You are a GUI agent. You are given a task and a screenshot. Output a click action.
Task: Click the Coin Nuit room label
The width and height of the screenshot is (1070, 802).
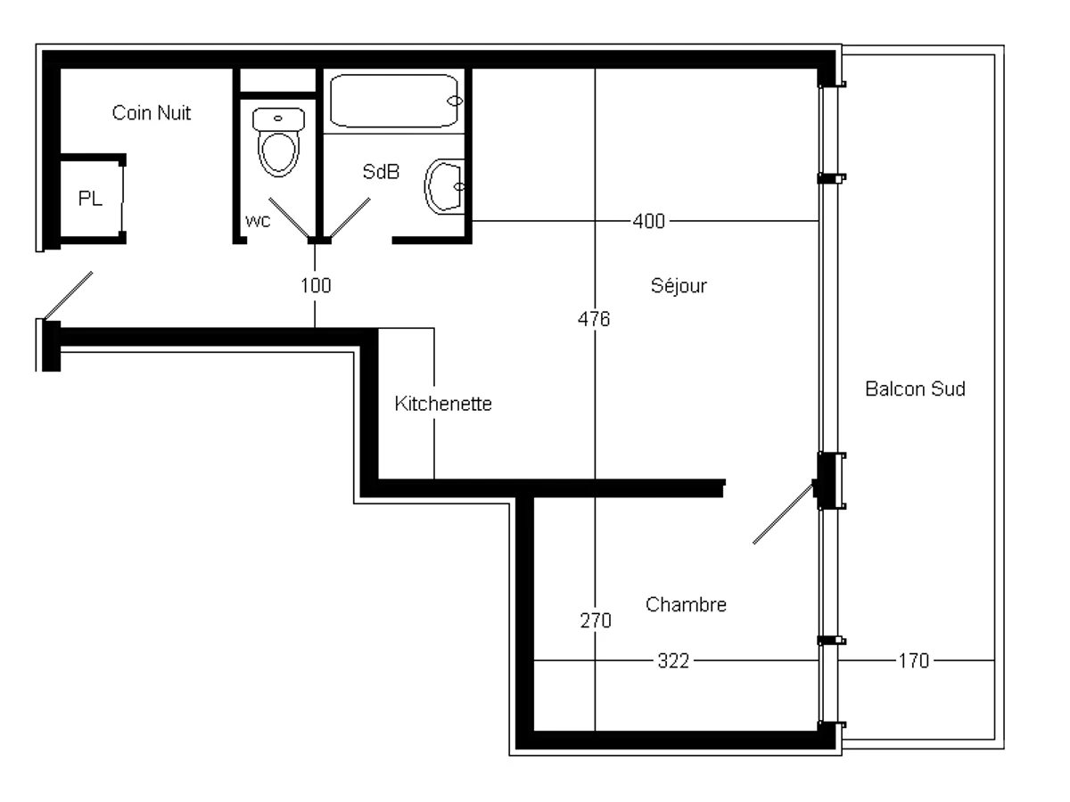pos(152,113)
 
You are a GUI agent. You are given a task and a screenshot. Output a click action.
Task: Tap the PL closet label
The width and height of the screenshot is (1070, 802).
pos(90,199)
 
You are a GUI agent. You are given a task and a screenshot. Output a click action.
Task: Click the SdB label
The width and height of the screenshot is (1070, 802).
pos(381,172)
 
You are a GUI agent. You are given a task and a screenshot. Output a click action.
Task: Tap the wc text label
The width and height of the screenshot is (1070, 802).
pos(258,221)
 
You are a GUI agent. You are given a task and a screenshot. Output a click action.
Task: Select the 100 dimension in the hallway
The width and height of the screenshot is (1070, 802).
pos(315,286)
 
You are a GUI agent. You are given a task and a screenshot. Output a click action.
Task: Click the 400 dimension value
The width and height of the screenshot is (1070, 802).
pos(648,221)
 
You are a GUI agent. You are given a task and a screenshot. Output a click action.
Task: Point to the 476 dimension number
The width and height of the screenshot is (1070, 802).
pos(594,319)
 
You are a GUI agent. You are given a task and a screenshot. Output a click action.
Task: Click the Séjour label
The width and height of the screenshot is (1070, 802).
pos(679,286)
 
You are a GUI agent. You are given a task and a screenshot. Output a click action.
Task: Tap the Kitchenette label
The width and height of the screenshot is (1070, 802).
pos(443,404)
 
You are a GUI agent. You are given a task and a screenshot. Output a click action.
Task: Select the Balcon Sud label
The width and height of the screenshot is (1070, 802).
pos(915,389)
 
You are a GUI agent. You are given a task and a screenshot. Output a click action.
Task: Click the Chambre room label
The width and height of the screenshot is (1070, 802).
pos(686,605)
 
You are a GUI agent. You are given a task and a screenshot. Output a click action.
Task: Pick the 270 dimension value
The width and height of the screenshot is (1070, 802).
pos(595,621)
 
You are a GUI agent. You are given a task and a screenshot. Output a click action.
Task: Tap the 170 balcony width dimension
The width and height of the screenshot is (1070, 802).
pos(914,661)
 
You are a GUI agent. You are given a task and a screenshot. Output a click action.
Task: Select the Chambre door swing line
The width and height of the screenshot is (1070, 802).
pos(784,514)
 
